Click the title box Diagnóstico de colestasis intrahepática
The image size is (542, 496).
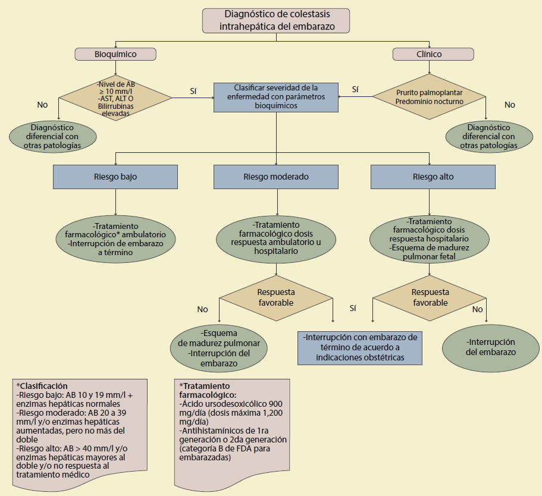pos(275,20)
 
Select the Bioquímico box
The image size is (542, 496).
pos(115,54)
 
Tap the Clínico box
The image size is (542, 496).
pos(433,54)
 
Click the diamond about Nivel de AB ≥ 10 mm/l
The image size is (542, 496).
pos(115,96)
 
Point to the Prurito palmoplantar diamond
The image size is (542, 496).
pos(429,97)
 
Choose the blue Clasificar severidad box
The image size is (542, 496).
pos(276,96)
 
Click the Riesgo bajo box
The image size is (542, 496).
pos(115,177)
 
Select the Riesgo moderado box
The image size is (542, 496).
pos(276,177)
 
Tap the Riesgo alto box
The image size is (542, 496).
pos(433,177)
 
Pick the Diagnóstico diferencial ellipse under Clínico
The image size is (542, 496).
pos(490,136)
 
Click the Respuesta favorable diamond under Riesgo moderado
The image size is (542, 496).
pos(276,297)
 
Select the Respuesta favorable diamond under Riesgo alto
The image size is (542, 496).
pos(430,297)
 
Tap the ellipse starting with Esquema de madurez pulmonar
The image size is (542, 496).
pos(218,348)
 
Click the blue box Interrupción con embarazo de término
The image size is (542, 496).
pos(361,347)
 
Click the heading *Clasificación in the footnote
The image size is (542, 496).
pos(42,386)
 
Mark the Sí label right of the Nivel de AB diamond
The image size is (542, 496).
pos(193,90)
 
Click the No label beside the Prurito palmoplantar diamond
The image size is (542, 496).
pos(510,105)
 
